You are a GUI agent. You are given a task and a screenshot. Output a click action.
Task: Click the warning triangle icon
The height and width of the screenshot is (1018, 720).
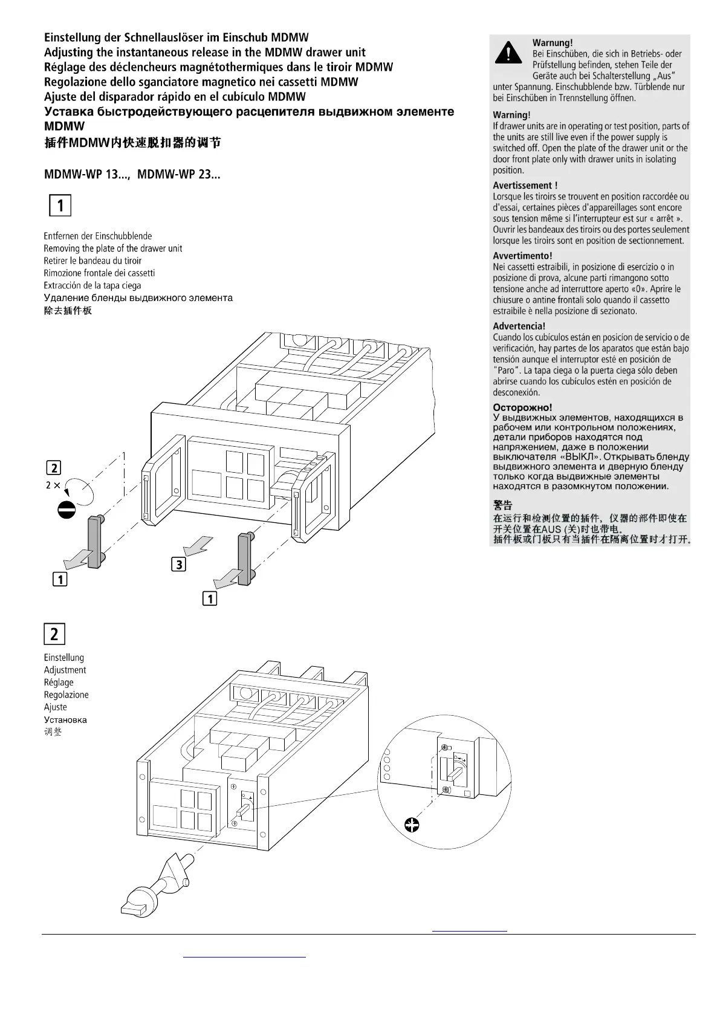click(x=508, y=53)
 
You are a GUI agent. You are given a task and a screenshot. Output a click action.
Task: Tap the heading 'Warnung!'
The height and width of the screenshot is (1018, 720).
click(x=552, y=43)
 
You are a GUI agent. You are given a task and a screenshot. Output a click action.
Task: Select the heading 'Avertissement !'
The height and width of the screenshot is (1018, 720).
click(x=525, y=186)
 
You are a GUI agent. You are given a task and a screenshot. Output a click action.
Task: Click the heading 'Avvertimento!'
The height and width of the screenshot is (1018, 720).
click(x=522, y=256)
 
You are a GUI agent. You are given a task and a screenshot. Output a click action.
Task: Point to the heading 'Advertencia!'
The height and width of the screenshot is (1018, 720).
click(x=519, y=326)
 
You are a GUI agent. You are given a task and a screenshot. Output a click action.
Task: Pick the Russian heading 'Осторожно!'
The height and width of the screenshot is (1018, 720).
click(x=522, y=407)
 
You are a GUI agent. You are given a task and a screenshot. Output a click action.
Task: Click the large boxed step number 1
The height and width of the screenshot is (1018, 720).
click(x=60, y=206)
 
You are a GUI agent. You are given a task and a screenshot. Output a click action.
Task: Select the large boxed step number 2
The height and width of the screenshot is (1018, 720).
click(x=54, y=634)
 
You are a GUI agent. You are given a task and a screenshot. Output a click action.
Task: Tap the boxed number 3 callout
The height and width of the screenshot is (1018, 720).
click(x=179, y=565)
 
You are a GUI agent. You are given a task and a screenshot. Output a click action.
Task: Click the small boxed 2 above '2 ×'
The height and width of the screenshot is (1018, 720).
click(x=54, y=468)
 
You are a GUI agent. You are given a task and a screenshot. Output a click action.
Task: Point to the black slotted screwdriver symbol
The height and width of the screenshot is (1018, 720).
click(x=66, y=510)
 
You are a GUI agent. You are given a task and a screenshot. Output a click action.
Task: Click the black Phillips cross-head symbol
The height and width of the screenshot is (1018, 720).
click(x=412, y=824)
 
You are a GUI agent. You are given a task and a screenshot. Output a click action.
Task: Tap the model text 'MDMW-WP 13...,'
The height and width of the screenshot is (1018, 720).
click(x=87, y=175)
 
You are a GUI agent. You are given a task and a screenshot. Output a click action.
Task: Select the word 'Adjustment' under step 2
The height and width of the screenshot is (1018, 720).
click(x=65, y=670)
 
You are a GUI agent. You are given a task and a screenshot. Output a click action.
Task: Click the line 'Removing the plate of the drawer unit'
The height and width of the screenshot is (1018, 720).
click(x=112, y=248)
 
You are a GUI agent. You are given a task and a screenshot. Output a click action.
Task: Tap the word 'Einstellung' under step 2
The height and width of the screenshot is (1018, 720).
click(x=63, y=658)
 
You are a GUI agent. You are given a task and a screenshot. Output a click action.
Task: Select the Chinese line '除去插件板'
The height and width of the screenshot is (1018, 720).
click(x=68, y=311)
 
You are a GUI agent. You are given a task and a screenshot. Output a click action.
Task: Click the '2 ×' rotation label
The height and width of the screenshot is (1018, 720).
click(x=53, y=485)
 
